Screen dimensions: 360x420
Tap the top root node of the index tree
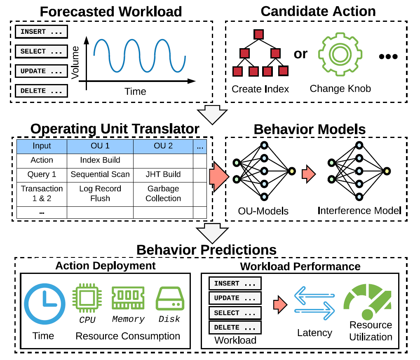coord(259,34)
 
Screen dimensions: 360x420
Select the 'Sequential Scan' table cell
coord(100,174)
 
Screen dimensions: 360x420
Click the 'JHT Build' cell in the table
coord(163,174)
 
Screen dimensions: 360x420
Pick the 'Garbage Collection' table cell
coord(163,193)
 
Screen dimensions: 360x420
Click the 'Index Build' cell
coord(100,160)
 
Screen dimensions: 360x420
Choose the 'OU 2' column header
coord(163,146)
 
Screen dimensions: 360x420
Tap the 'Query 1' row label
coord(42,174)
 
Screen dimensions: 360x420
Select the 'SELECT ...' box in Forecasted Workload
coord(41,51)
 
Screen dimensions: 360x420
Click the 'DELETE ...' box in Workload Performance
coord(235,327)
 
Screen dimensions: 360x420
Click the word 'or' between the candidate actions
coord(300,54)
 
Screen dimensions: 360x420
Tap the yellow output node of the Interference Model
coord(386,171)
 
